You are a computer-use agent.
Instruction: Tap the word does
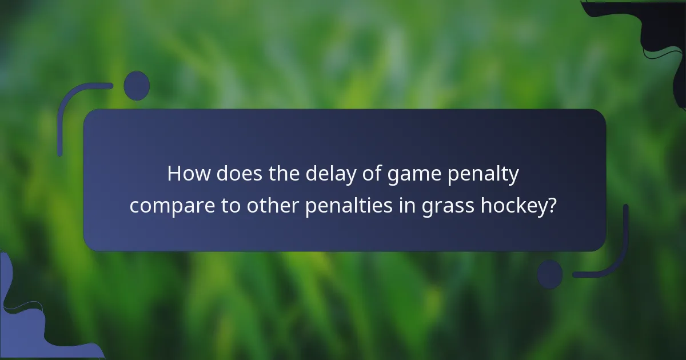235,174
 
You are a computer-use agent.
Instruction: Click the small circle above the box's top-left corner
137,86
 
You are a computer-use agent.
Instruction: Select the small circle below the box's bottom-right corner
550,274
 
